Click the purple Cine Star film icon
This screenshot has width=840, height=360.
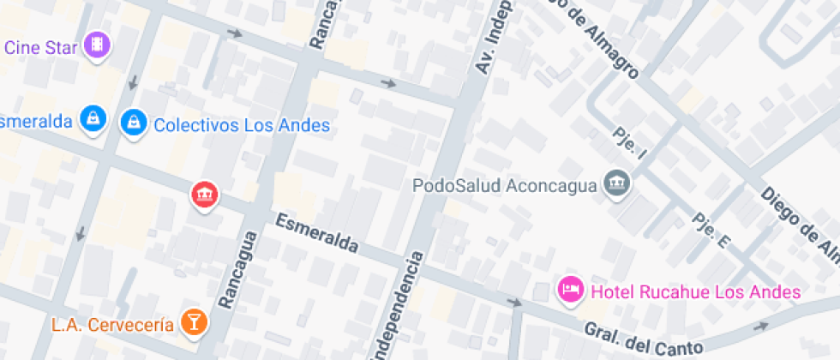click(99, 45)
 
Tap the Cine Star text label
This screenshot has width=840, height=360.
click(42, 46)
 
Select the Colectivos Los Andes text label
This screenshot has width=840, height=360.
click(241, 125)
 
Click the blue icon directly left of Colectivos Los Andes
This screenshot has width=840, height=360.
click(133, 122)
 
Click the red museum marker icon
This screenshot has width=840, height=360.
click(204, 195)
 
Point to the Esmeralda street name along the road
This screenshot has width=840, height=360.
click(316, 233)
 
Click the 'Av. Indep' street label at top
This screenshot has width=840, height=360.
click(491, 37)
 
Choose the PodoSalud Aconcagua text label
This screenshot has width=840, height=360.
click(504, 185)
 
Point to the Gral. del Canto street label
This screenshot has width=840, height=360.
click(643, 339)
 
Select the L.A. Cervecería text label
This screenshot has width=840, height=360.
click(112, 325)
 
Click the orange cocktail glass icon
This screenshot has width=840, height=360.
click(195, 323)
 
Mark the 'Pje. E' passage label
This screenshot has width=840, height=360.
click(711, 231)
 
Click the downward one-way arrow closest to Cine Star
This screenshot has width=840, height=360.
click(133, 82)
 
